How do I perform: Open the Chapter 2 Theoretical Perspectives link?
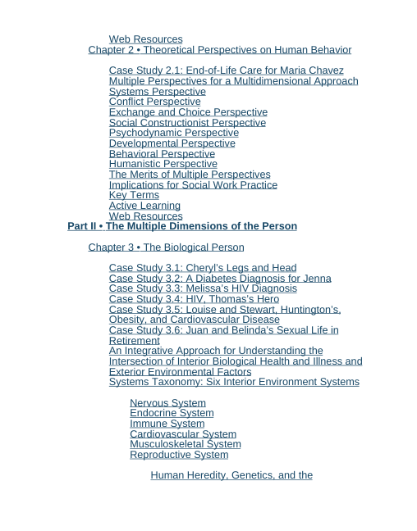coord(219,50)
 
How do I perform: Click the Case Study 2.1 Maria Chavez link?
coord(226,70)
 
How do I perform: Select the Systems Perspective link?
coord(157,92)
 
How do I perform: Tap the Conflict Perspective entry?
coord(154,102)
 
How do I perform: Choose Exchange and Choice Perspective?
coord(188,112)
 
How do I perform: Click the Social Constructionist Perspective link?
coord(187,123)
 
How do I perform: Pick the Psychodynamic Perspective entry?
coord(173,133)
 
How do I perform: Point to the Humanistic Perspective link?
coord(163,164)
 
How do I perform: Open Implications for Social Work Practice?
coord(193,184)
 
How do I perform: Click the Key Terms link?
coord(134,195)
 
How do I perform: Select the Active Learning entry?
coord(144,206)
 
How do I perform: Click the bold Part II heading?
coord(182,226)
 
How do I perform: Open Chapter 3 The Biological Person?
coord(166,247)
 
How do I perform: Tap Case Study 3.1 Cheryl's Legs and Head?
coord(203,268)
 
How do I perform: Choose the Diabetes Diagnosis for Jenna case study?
coord(220,279)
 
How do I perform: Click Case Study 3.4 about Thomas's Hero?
coord(194,299)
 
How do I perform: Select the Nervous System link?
coord(167,403)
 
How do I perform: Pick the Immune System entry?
coord(167,424)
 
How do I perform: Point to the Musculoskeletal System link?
coord(185,444)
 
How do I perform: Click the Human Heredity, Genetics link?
coord(231,475)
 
